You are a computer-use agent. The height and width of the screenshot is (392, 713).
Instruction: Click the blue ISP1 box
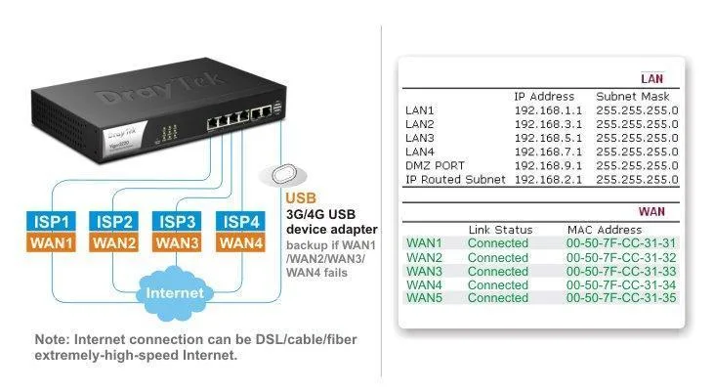(51, 221)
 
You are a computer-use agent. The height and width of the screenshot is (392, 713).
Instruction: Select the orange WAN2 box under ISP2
(114, 242)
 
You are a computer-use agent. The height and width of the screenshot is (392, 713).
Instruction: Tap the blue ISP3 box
(178, 221)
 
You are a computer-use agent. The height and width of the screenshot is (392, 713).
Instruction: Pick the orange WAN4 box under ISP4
(240, 242)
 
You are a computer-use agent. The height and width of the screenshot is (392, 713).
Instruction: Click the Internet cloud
(175, 292)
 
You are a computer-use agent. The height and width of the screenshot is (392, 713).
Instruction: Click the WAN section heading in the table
(651, 210)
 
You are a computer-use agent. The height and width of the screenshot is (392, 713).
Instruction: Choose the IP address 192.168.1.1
(546, 110)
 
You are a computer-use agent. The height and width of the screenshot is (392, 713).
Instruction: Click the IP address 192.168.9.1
(546, 166)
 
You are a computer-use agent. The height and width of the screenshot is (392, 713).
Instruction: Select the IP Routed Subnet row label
(455, 180)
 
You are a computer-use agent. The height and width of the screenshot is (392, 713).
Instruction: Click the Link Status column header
(499, 229)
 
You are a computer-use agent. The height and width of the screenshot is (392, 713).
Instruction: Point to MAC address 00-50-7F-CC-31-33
(622, 271)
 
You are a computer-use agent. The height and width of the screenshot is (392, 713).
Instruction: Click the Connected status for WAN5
(497, 298)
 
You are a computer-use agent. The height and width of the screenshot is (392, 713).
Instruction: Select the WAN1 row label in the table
(424, 242)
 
